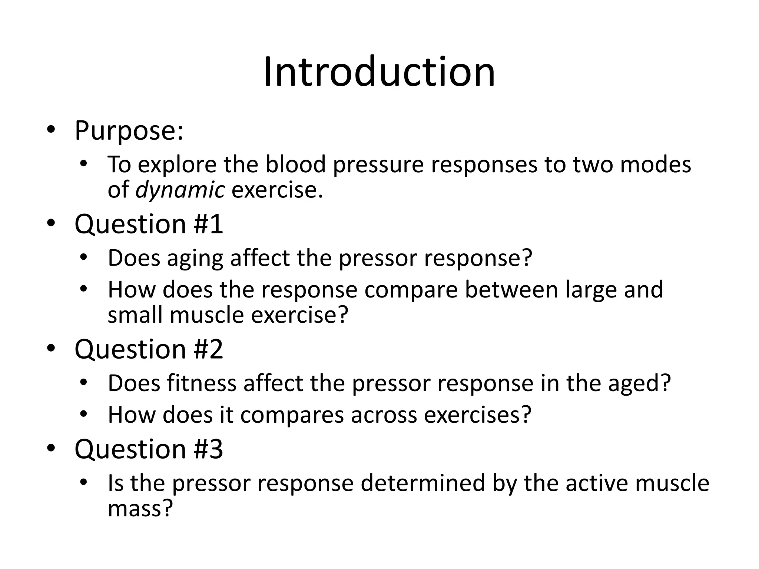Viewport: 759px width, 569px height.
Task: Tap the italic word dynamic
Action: click(180, 190)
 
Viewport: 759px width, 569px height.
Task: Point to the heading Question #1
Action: click(149, 224)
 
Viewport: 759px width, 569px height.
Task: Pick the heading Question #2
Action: click(149, 349)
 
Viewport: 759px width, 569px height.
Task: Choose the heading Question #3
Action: click(149, 449)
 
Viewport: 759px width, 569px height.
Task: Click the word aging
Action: click(195, 258)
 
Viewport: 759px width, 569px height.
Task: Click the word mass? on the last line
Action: click(140, 508)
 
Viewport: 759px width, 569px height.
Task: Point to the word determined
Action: click(423, 483)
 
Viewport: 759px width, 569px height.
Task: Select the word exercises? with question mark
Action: click(478, 415)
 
